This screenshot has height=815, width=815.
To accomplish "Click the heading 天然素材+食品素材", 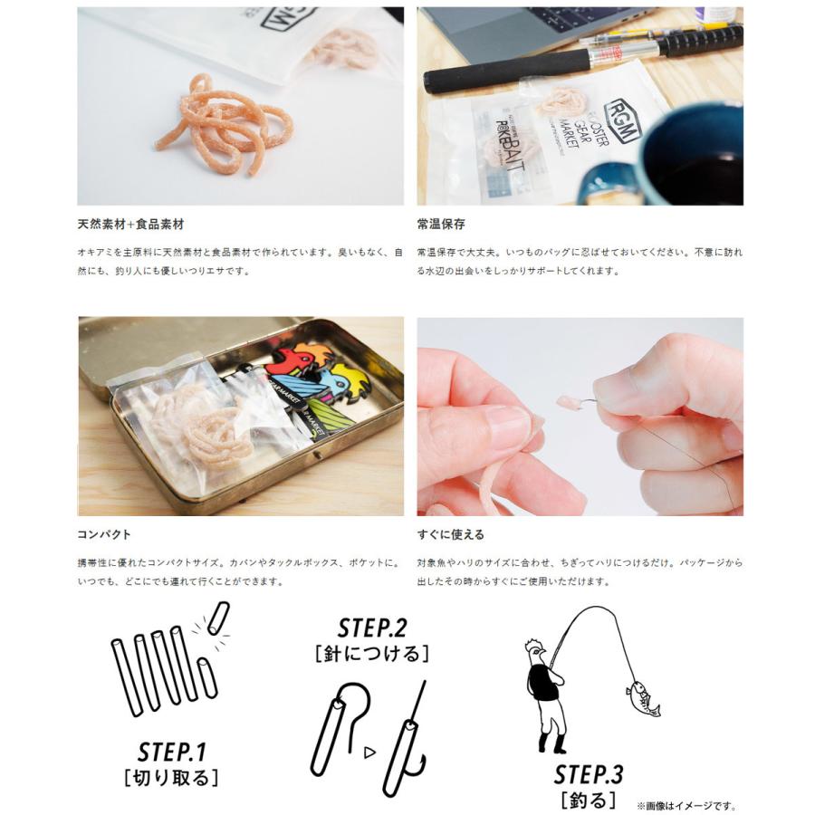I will pyautogui.click(x=130, y=224).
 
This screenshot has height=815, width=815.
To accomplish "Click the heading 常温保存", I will pyautogui.click(x=441, y=224).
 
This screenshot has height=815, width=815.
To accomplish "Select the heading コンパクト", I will pyautogui.click(x=105, y=534).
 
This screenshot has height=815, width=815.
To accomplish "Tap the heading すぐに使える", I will pyautogui.click(x=451, y=534).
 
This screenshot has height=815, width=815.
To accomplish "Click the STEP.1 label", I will pyautogui.click(x=172, y=752).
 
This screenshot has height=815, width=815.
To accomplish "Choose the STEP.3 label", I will pyautogui.click(x=589, y=774).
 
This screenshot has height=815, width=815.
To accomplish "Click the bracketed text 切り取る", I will pyautogui.click(x=172, y=778).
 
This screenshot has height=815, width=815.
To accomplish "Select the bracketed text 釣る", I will pyautogui.click(x=589, y=800).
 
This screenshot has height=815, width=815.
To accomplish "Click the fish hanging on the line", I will pyautogui.click(x=641, y=698).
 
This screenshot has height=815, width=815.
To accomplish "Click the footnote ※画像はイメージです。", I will pyautogui.click(x=686, y=805).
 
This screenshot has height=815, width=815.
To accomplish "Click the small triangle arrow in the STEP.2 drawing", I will pyautogui.click(x=369, y=752).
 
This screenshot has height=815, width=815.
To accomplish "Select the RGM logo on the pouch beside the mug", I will pyautogui.click(x=625, y=121).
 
